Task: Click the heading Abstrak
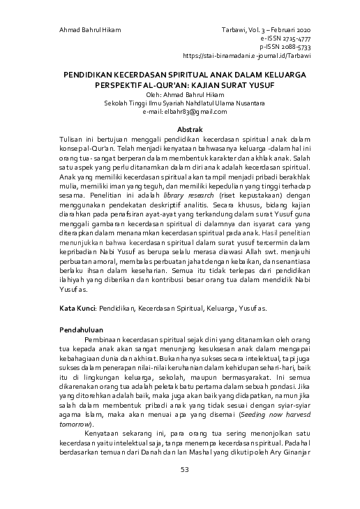(x=180, y=131)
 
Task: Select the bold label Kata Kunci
(x=75, y=307)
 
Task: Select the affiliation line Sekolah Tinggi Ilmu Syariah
(x=180, y=103)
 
